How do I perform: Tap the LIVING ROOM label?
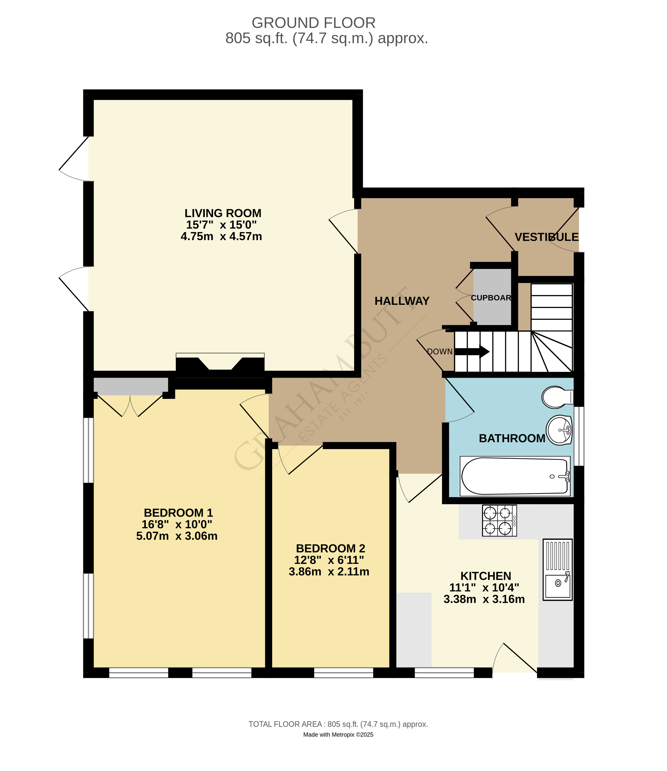pos(223,213)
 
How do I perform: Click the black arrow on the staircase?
pos(472,351)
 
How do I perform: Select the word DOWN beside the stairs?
pos(440,352)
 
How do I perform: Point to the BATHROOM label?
pos(512,438)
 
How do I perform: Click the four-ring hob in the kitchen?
pos(499,520)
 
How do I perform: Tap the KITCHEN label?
pos(486,576)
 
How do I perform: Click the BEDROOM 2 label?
pos(331,548)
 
